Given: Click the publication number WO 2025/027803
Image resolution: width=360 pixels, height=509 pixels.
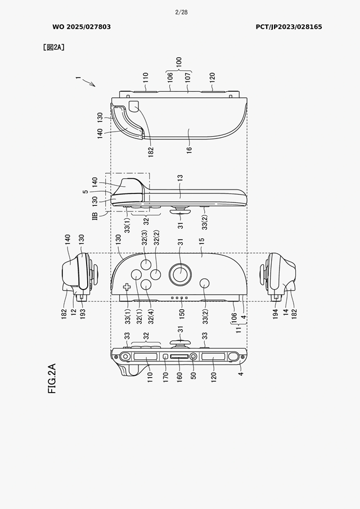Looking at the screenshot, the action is coord(82,27).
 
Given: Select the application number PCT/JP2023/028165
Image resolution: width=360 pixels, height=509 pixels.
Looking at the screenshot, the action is coord(289,27).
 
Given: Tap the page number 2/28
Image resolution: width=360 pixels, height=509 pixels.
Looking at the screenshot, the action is coord(181,12).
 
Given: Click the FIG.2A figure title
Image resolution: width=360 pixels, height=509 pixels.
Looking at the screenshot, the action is coord(52,379).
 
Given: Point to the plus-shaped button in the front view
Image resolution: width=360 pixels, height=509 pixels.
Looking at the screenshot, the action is coord(127,287).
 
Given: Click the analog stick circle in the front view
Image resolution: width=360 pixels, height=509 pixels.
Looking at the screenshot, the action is coord(180,274).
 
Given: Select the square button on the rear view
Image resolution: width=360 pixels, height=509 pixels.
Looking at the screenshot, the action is coord(134,106).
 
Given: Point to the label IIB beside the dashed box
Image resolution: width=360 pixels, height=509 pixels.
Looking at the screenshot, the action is coord(95,216).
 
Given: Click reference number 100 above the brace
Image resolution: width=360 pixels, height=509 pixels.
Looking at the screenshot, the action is coord(179,62).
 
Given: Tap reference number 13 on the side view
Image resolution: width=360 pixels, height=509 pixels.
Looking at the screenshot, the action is coord(181,178).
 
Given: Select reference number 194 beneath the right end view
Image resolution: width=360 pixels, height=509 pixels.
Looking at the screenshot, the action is coord(276,314).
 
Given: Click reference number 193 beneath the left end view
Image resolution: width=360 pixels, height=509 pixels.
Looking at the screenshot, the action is coord(83,314).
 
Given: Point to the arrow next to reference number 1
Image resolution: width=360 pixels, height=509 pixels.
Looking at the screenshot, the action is coord(89,83).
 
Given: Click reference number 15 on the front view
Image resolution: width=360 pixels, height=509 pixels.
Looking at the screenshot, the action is coord(201,241).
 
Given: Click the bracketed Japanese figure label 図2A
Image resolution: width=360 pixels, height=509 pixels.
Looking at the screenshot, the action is coord(53,47).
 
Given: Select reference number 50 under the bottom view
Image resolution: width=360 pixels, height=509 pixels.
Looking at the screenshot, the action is coord(193,376).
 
